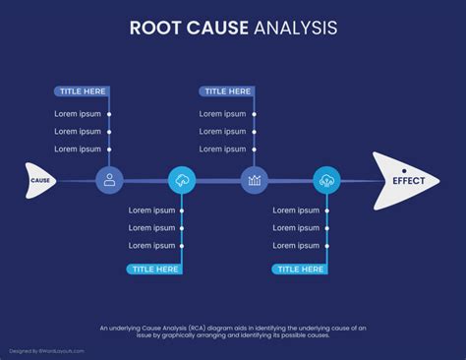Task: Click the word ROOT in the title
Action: (x=155, y=29)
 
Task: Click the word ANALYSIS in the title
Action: (x=294, y=29)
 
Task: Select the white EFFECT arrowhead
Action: (x=404, y=181)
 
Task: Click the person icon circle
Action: (x=109, y=180)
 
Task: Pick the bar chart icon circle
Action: (x=255, y=180)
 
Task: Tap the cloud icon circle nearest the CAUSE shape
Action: (x=182, y=180)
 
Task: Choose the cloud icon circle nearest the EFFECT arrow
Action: (x=326, y=180)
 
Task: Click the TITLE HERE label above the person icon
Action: (x=82, y=91)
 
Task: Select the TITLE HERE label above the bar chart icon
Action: (x=227, y=91)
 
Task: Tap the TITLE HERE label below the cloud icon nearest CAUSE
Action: (x=154, y=269)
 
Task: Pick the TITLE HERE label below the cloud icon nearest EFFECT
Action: (x=300, y=269)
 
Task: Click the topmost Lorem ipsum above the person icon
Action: (x=78, y=114)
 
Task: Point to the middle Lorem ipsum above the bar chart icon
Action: (x=223, y=132)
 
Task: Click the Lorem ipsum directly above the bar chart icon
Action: (x=223, y=150)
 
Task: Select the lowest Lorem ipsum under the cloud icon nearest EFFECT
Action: (x=297, y=246)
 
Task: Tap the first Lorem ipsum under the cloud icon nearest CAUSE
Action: (x=151, y=210)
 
